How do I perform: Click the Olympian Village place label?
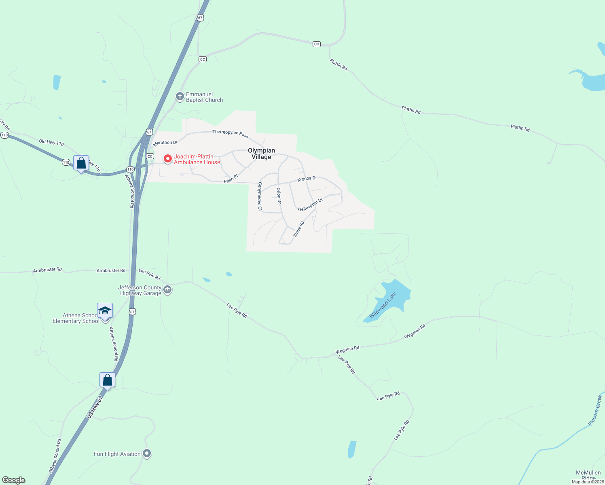(261, 154)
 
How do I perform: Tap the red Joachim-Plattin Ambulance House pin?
(167, 158)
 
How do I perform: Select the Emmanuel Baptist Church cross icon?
(180, 97)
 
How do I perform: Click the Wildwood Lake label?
(383, 305)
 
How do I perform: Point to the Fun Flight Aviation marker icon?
(147, 453)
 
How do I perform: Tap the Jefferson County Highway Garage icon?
(167, 290)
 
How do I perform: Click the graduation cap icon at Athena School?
(105, 310)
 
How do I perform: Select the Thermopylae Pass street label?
(231, 133)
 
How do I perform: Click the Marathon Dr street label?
(165, 143)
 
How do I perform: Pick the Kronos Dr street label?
(307, 179)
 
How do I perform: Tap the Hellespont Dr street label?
(311, 205)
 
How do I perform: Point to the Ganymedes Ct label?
(260, 196)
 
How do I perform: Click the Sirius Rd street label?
(298, 229)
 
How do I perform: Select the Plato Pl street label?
(231, 179)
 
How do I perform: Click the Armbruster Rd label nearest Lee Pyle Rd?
(111, 270)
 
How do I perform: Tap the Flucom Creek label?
(595, 411)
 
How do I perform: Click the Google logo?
(14, 480)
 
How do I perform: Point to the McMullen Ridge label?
(588, 475)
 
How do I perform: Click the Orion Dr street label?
(279, 195)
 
